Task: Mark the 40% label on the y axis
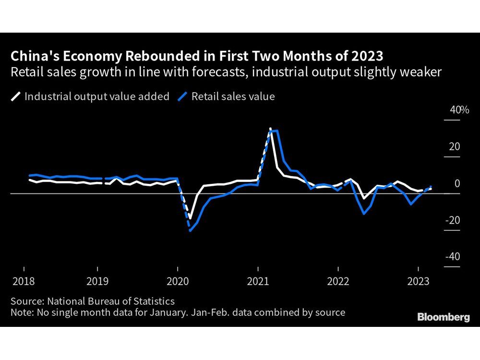[459, 110]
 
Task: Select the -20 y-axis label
[453, 220]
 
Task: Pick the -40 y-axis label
[453, 257]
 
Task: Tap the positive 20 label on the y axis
[454, 147]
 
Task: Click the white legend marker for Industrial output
[16, 96]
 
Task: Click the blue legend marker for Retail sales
[182, 96]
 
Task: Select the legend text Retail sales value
[233, 96]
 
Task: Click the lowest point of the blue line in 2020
[191, 231]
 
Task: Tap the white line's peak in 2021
[270, 129]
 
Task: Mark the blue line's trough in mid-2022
[364, 214]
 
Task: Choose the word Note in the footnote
[21, 312]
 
